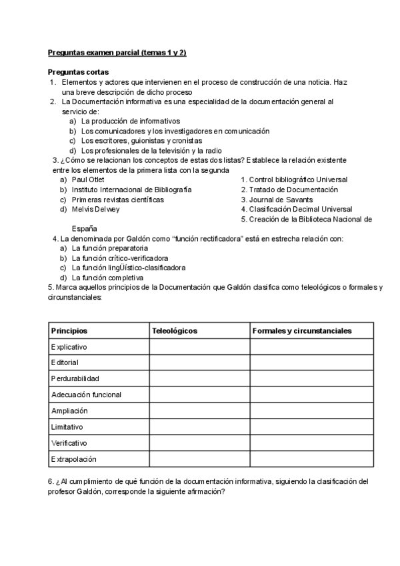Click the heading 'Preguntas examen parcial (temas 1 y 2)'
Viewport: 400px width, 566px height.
tap(117, 53)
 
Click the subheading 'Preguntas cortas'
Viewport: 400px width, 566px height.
tap(79, 72)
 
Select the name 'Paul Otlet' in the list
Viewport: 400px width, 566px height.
tap(88, 180)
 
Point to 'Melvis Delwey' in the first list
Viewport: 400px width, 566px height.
tap(95, 209)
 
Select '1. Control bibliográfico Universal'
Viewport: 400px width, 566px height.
tap(294, 180)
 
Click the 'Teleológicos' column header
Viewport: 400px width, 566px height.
tap(175, 331)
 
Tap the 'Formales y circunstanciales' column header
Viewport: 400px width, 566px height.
tap(302, 331)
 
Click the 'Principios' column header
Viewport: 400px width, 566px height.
tap(69, 331)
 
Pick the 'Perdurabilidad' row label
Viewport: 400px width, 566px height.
tap(75, 379)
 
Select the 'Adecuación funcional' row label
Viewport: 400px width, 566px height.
tap(86, 395)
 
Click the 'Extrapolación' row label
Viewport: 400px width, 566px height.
tap(74, 459)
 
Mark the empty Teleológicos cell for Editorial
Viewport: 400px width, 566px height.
tap(199, 363)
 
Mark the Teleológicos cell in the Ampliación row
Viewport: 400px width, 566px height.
tap(199, 411)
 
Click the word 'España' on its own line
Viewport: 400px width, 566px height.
tap(84, 228)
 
